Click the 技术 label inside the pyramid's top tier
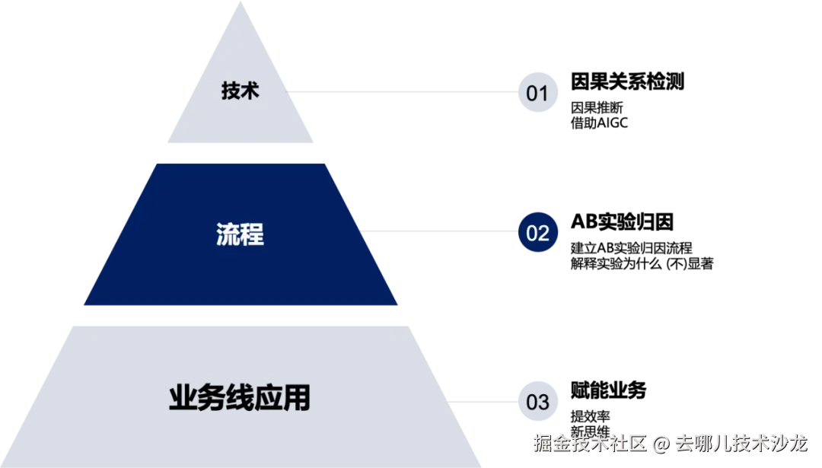240,91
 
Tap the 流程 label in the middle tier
240,234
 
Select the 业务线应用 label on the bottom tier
240,399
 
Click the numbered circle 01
537,93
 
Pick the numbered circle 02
537,233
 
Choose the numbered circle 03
537,401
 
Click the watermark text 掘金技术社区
589,442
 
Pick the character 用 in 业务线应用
298,399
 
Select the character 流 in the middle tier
228,234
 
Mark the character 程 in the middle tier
252,234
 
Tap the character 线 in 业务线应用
240,399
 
